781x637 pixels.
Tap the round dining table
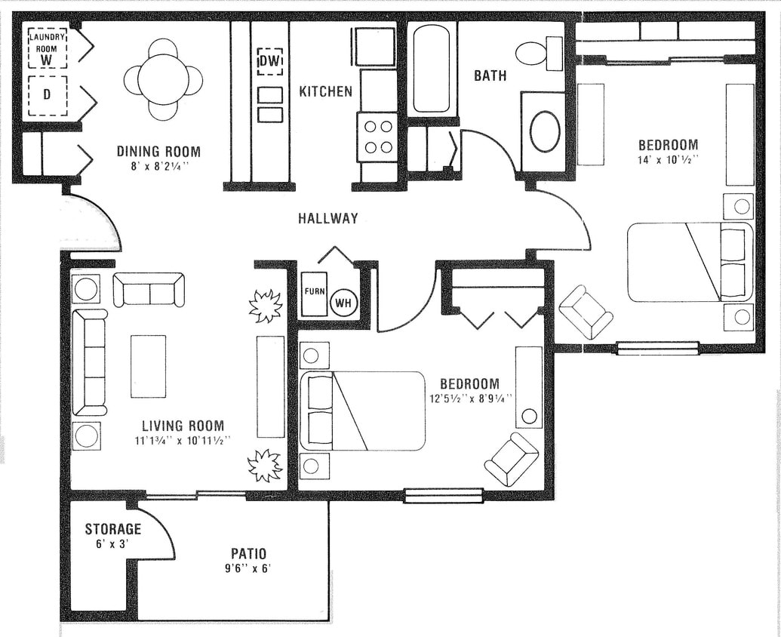[163, 79]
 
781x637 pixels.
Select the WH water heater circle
[343, 303]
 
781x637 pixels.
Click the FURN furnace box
[314, 293]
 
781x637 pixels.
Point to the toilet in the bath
[537, 53]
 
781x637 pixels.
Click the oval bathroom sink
[544, 131]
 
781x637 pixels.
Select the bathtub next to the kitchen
[432, 69]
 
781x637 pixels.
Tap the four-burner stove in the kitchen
[377, 137]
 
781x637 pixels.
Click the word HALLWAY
[327, 219]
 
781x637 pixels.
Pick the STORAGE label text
[112, 529]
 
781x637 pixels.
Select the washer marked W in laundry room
[48, 50]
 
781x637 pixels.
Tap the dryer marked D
[47, 95]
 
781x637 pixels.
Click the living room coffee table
[148, 366]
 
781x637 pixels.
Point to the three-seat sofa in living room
[90, 362]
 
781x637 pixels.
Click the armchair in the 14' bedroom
[586, 312]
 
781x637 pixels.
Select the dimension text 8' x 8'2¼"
[158, 168]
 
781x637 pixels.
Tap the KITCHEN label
[325, 92]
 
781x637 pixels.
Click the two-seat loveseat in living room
[149, 290]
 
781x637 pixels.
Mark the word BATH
[490, 75]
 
